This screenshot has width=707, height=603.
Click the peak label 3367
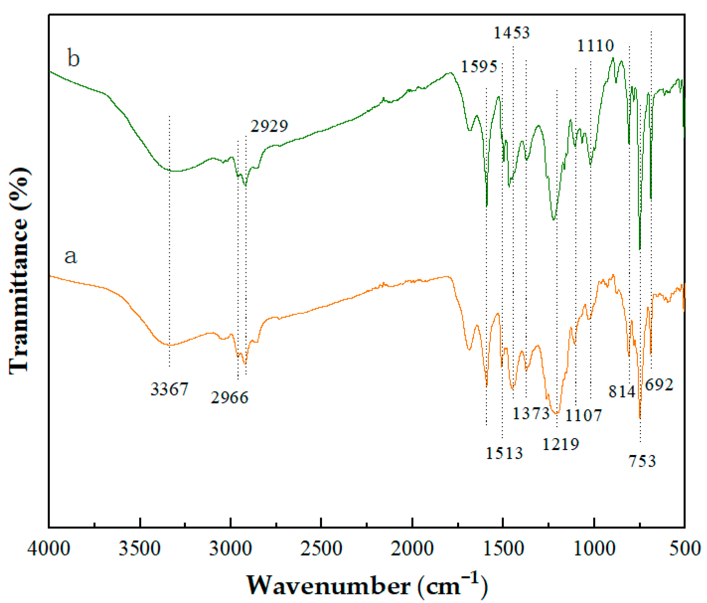pos(169,389)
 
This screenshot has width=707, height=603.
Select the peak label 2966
pos(230,397)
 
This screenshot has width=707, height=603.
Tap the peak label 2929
pos(269,126)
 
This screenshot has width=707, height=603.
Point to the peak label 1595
pos(479,66)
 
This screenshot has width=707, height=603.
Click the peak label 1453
pos(512,33)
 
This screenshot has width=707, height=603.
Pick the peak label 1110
pos(596,46)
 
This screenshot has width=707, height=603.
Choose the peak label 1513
pos(504,452)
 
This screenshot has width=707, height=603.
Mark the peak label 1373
pos(531,413)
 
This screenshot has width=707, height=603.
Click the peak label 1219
pos(560,444)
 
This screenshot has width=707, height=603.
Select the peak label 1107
pos(584,415)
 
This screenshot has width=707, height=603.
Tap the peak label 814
pos(622,392)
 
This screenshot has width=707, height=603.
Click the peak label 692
pos(659,384)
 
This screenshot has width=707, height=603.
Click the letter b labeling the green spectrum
pos(74,59)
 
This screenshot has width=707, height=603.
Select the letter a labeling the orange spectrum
pos(71,257)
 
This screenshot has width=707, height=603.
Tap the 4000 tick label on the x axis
pos(49,549)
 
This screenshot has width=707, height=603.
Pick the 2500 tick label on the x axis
pos(321,549)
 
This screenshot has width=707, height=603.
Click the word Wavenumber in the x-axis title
pos(328,586)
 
